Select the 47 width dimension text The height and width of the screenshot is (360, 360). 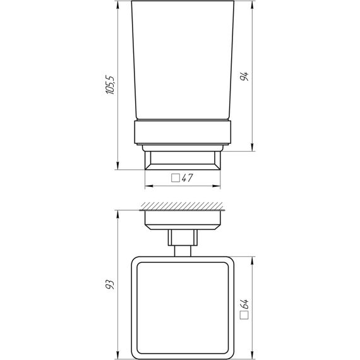coord(187,179)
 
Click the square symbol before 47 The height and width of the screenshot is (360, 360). coord(176,179)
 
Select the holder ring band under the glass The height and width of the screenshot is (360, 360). coord(183,133)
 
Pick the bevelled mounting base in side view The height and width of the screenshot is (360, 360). coord(183,161)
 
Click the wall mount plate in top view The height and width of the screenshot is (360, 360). coord(183,219)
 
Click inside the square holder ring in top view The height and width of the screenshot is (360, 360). coord(183,306)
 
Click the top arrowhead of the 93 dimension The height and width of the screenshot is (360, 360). coord(118,213)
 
